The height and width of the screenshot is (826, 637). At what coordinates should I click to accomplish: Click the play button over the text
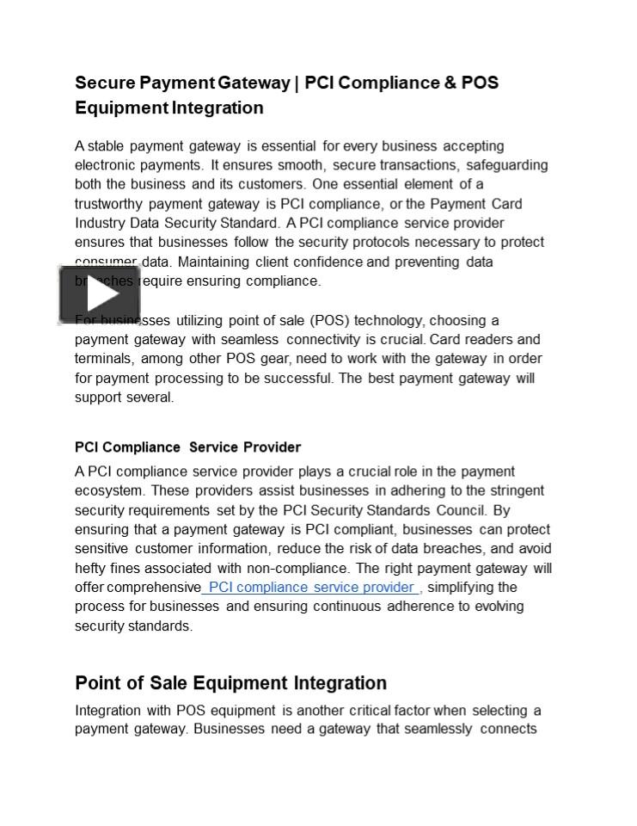pyautogui.click(x=100, y=294)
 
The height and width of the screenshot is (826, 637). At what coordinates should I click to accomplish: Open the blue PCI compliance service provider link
pyautogui.click(x=311, y=587)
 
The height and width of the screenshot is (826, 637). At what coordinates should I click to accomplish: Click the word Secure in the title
pyautogui.click(x=105, y=83)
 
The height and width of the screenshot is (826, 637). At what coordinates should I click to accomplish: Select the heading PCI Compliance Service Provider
pyautogui.click(x=187, y=447)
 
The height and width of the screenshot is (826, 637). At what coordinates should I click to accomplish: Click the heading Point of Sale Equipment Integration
pyautogui.click(x=230, y=683)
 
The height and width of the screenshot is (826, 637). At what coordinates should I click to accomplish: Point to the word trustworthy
pyautogui.click(x=108, y=204)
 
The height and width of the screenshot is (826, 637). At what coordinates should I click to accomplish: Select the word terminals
pyautogui.click(x=103, y=359)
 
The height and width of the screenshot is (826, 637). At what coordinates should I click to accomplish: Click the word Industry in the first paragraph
pyautogui.click(x=99, y=223)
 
